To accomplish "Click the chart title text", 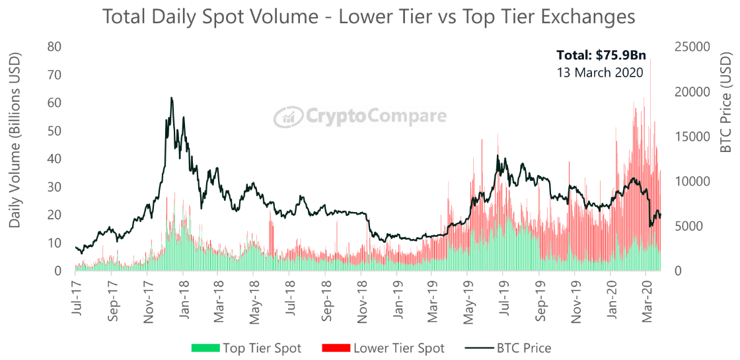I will coord(369,17).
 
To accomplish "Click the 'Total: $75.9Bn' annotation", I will coord(600,55).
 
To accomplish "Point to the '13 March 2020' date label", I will coord(600,73).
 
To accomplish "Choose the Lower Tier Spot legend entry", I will coord(383,348).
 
